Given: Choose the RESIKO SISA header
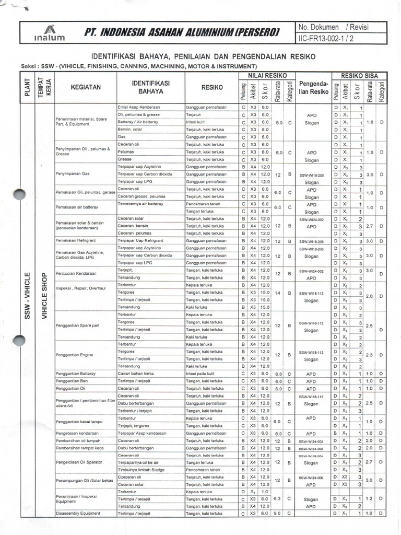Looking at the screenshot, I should point(360,76).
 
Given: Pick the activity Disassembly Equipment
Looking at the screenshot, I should point(78,513).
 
